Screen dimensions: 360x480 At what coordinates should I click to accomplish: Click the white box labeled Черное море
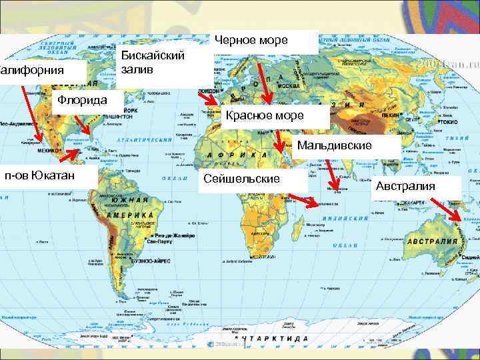click(265, 41)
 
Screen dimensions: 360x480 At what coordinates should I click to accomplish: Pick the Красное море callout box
click(273, 116)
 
